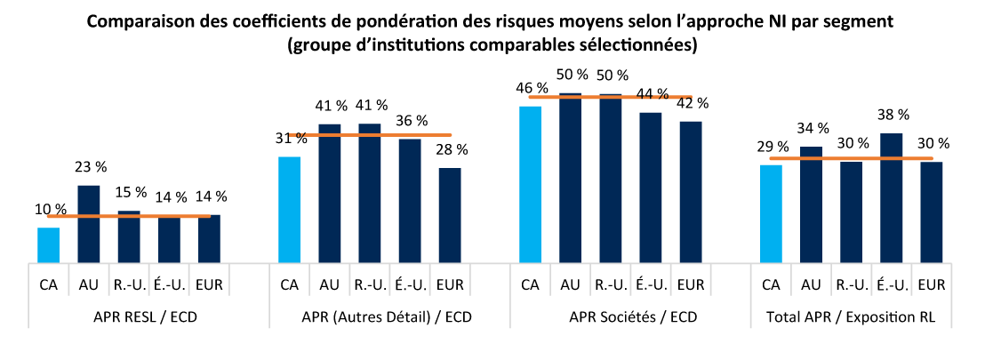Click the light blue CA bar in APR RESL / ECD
pos(48,245)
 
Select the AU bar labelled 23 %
pos(89,224)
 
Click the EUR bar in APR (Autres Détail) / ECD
pos(450,215)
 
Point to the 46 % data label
pos(531,88)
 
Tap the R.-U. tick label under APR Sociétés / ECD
pos(611,284)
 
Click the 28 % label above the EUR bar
pos(451,149)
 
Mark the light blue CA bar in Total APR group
pos(771,213)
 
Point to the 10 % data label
pos(50,209)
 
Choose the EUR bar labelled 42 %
pos(691,192)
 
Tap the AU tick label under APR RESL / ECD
pos(89,284)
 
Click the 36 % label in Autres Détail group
pos(411,120)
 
